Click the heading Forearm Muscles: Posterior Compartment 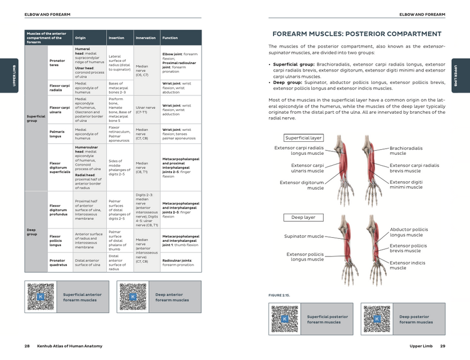356,34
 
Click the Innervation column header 146,38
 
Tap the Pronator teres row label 57,62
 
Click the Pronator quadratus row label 59,262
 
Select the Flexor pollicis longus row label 57,240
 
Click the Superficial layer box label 303,138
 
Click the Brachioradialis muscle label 406,151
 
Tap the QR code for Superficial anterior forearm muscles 40,297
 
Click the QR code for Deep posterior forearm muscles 376,319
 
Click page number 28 27,346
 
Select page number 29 443,346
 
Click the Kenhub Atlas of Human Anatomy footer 70,346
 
